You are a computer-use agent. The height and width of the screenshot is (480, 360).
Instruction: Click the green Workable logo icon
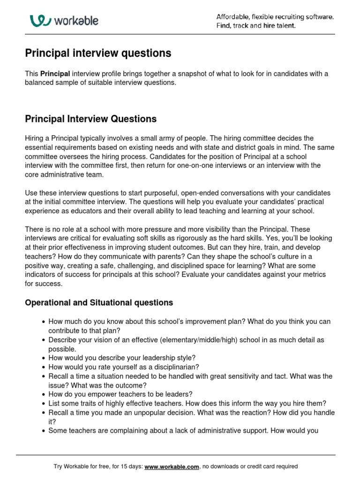click(40, 20)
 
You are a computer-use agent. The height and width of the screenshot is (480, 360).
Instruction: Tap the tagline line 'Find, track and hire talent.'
click(256, 26)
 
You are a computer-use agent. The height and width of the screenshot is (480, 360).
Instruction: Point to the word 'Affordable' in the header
click(232, 17)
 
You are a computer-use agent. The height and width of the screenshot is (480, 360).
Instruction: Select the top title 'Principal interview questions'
click(98, 53)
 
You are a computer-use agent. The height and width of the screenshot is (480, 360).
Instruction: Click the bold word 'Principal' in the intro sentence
click(55, 74)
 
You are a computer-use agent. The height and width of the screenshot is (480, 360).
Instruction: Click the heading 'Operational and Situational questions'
click(99, 303)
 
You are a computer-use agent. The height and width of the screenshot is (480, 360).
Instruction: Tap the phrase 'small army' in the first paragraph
click(160, 139)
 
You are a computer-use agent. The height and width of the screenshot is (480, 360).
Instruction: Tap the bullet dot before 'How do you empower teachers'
click(44, 394)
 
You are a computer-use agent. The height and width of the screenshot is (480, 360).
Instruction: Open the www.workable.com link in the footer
click(172, 467)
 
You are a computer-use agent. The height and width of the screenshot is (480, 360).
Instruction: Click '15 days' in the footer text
click(129, 467)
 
